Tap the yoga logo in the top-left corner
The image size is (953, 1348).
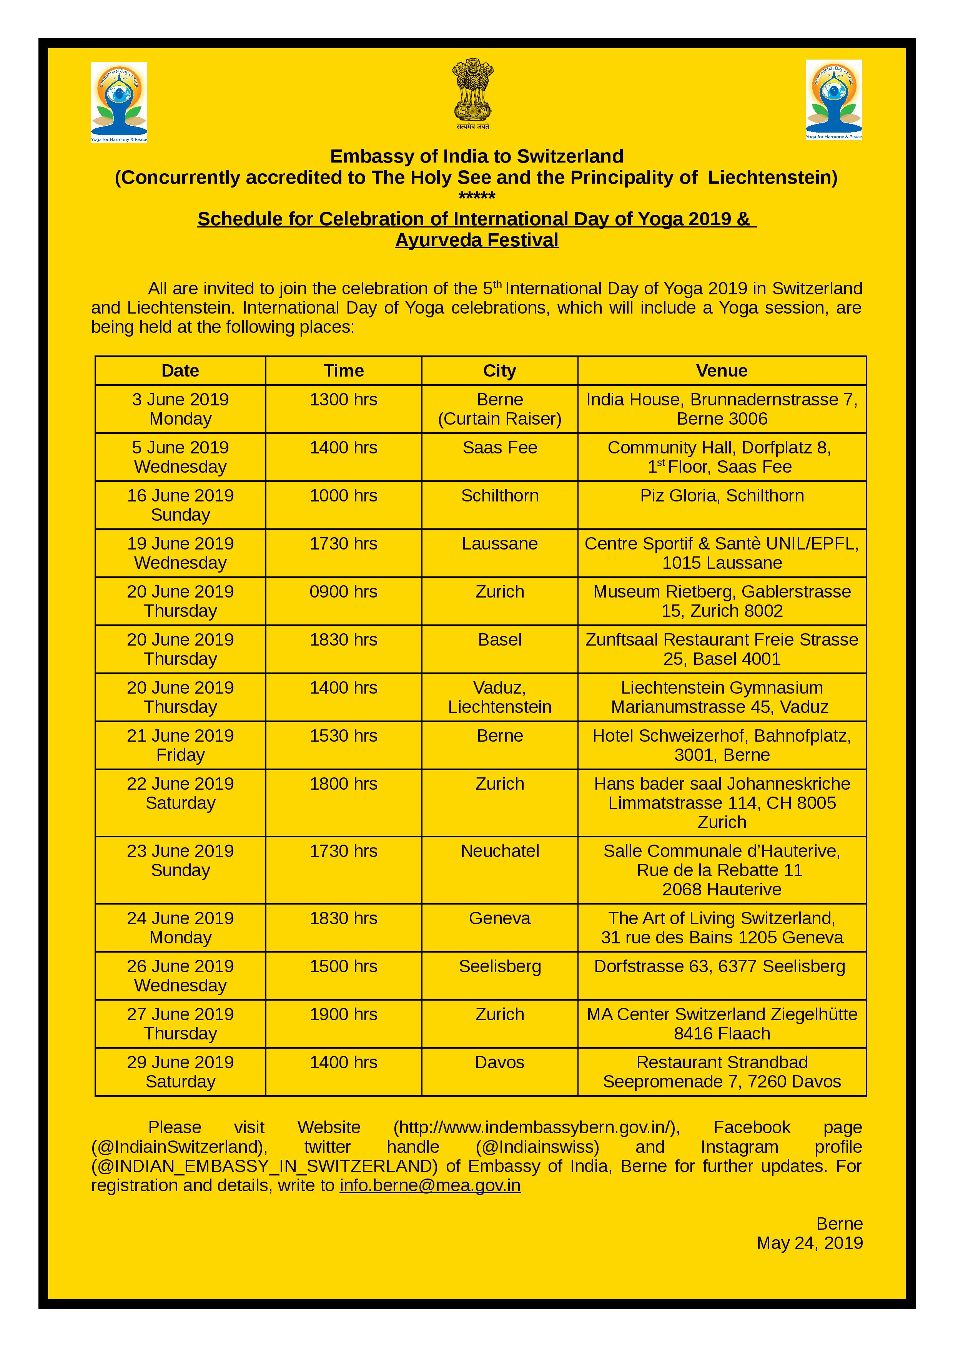pyautogui.click(x=119, y=102)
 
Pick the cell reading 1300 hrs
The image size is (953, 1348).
pyautogui.click(x=344, y=400)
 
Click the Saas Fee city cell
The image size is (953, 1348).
pyautogui.click(x=500, y=448)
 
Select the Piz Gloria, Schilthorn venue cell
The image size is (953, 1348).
pyautogui.click(x=721, y=496)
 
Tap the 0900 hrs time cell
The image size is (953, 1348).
pyautogui.click(x=344, y=592)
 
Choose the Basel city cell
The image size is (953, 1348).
pyautogui.click(x=500, y=640)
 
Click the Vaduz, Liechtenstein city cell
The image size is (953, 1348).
pyautogui.click(x=500, y=697)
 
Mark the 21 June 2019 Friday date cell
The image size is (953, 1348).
pyautogui.click(x=180, y=745)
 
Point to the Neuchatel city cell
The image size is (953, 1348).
pyautogui.click(x=500, y=851)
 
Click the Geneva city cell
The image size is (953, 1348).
pyautogui.click(x=500, y=918)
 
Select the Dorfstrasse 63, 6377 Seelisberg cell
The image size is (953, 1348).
pyautogui.click(x=719, y=966)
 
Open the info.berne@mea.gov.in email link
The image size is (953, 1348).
pyautogui.click(x=430, y=1185)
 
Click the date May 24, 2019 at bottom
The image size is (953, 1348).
pyautogui.click(x=809, y=1243)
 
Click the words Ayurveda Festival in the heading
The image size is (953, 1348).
pyautogui.click(x=477, y=240)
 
